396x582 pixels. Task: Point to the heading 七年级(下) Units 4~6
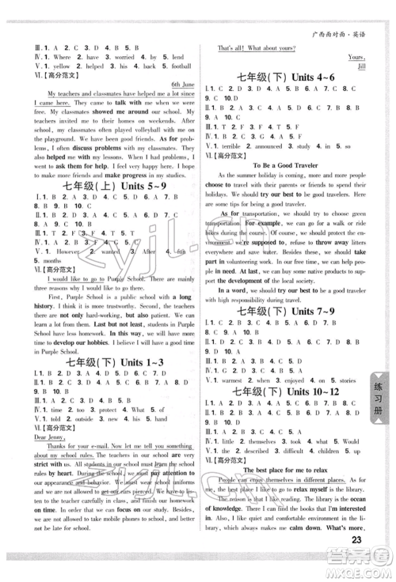point(287,77)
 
